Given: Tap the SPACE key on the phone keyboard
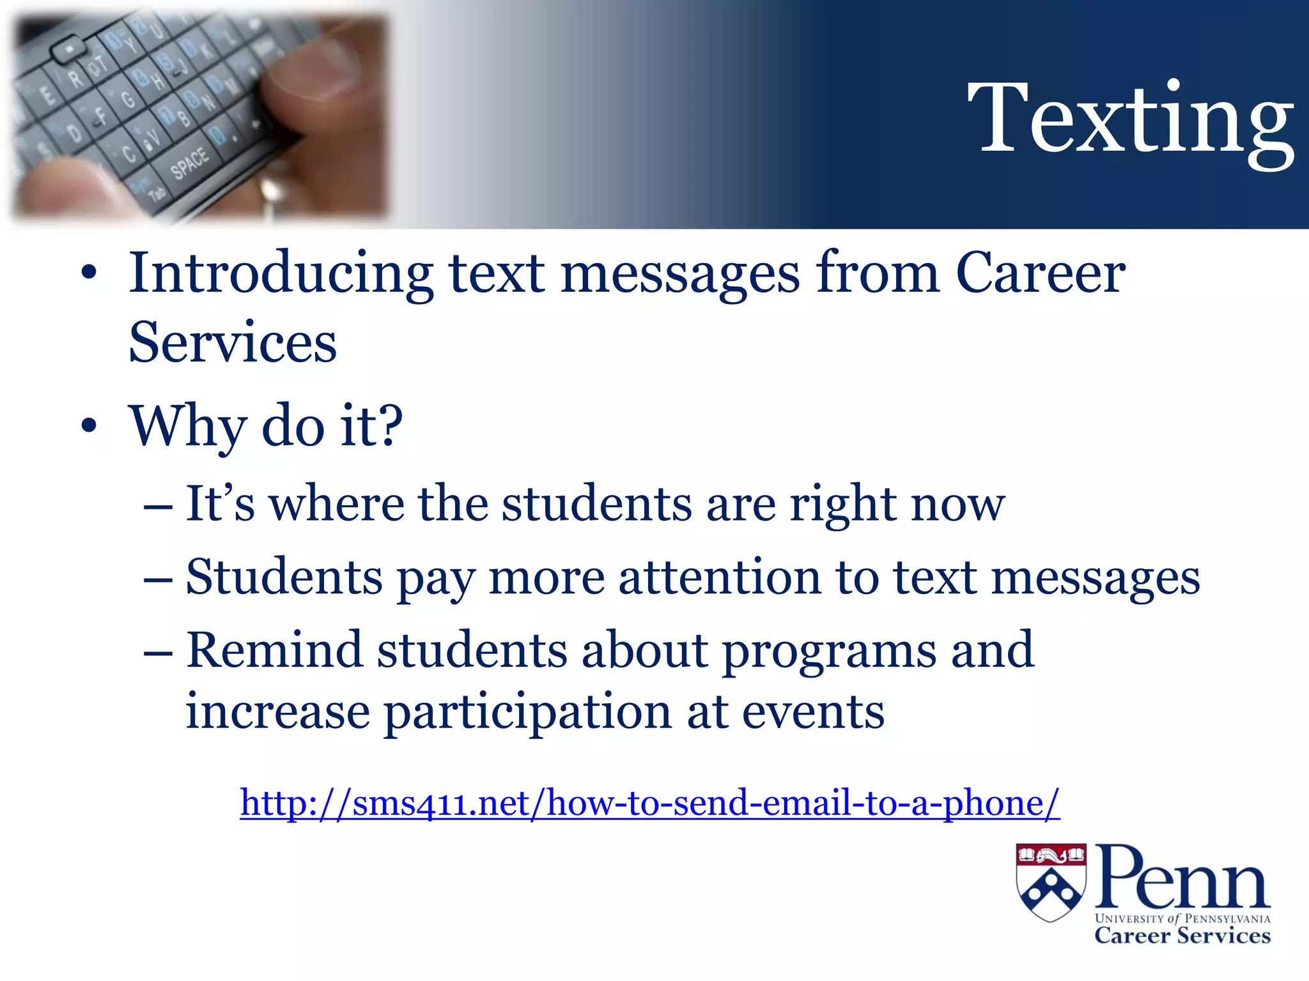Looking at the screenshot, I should coord(190,162).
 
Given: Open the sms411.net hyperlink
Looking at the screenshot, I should coord(649,803).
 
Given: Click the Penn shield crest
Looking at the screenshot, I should coord(1051,882).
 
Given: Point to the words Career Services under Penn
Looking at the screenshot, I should coord(1182,936).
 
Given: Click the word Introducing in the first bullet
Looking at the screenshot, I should coord(281,273).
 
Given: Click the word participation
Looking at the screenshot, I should coord(527,712).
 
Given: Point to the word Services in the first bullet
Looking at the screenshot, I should coord(233,343).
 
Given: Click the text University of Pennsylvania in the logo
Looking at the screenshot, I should coord(1182,918).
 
